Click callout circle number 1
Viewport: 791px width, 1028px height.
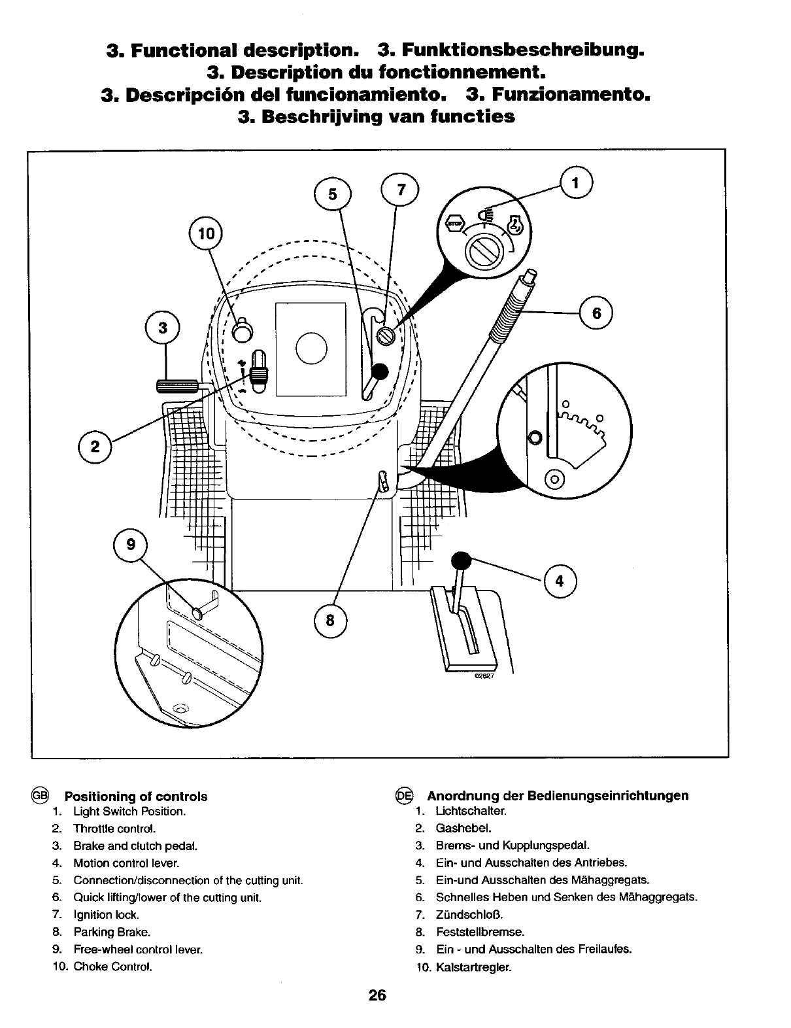(x=576, y=184)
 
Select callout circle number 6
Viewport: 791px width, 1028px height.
(x=596, y=314)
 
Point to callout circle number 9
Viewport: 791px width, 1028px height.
(x=131, y=544)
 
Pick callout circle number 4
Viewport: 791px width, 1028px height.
(x=559, y=581)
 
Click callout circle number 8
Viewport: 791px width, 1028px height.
(x=330, y=619)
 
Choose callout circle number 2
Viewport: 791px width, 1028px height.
(x=95, y=447)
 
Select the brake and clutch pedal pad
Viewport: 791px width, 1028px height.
(x=177, y=386)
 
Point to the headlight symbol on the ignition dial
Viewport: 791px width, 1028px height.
(x=484, y=214)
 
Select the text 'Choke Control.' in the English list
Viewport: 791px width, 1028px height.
(x=112, y=967)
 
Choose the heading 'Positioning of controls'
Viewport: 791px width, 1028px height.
(x=135, y=797)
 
